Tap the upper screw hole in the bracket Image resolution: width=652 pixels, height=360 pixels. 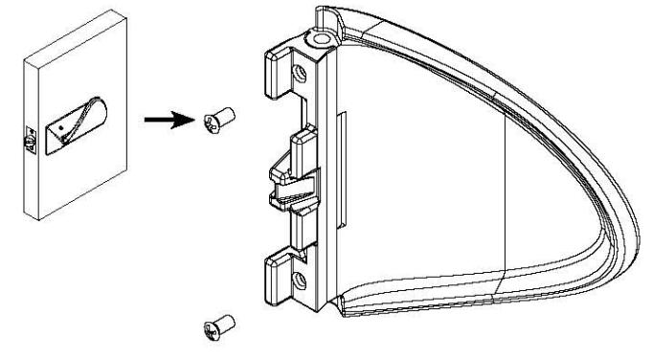click(301, 73)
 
